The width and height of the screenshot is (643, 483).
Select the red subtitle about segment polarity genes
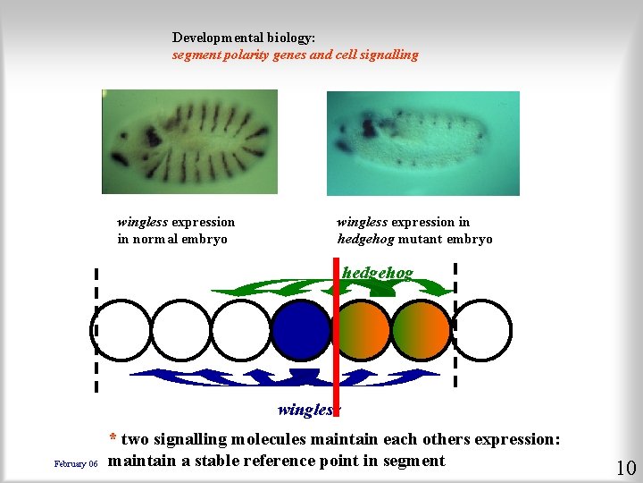[295, 55]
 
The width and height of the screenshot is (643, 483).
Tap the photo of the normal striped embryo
[189, 141]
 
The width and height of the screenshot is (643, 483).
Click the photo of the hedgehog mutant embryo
[422, 143]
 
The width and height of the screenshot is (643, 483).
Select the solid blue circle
[301, 330]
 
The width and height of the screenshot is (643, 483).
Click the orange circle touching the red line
[362, 330]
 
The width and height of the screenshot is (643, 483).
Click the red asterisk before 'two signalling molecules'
[113, 439]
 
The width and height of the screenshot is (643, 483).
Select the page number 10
[625, 467]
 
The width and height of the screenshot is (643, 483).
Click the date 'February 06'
[76, 464]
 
